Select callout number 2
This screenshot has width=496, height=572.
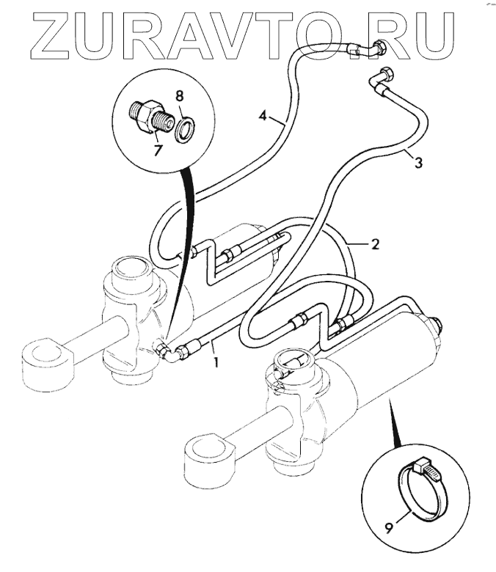pyautogui.click(x=374, y=244)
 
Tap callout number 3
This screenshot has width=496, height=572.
pyautogui.click(x=417, y=163)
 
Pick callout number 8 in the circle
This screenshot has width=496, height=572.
pyautogui.click(x=178, y=95)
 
